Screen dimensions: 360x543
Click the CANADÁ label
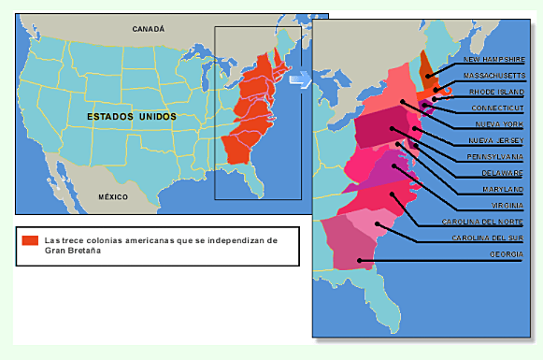[148, 29]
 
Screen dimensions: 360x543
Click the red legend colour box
[31, 240]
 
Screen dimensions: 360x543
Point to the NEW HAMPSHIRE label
[494, 60]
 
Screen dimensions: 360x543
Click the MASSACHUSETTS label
[494, 77]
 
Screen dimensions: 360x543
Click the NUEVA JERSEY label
[497, 141]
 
